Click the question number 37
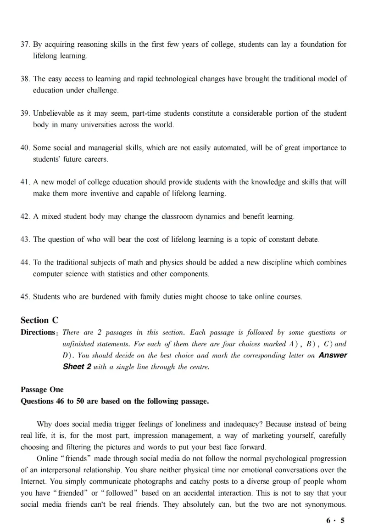[x=25, y=45]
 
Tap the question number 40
[x=25, y=148]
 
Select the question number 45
[x=25, y=297]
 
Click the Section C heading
[x=39, y=320]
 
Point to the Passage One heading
[x=42, y=390]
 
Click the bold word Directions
[x=39, y=332]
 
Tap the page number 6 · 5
[x=335, y=520]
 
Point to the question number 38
[x=25, y=79]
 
